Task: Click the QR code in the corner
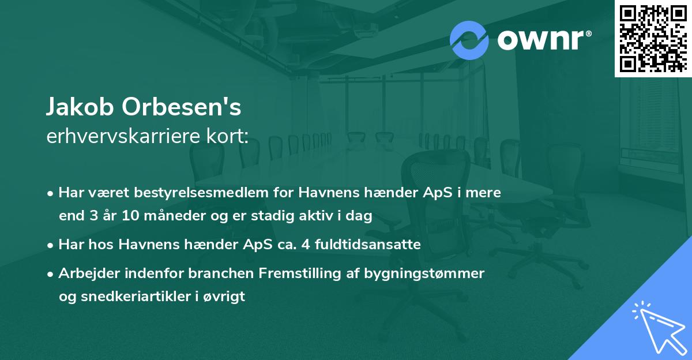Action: coord(653,38)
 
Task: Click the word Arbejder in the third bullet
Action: coord(84,273)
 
